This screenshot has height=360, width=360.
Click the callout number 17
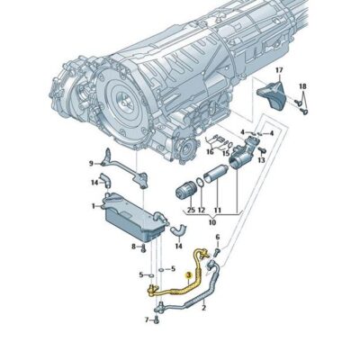tap(279, 70)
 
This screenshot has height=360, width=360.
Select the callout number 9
tap(91, 163)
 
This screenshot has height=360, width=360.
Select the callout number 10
tap(212, 222)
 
